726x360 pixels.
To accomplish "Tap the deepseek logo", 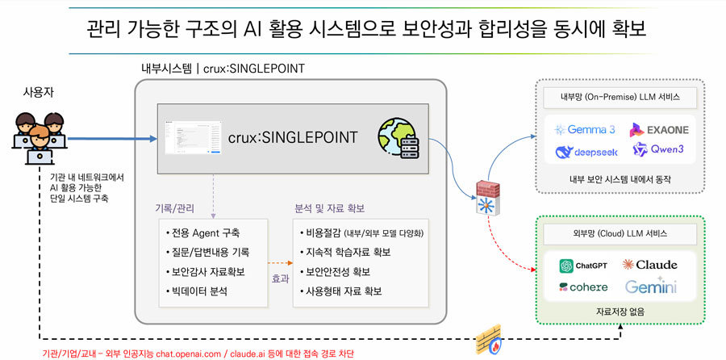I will coord(584,151).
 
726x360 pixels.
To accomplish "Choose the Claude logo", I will coord(650,265).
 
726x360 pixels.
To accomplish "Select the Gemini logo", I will coord(650,287).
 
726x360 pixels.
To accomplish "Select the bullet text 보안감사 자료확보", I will coord(207,271).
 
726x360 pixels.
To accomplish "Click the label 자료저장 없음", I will coord(620,312).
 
